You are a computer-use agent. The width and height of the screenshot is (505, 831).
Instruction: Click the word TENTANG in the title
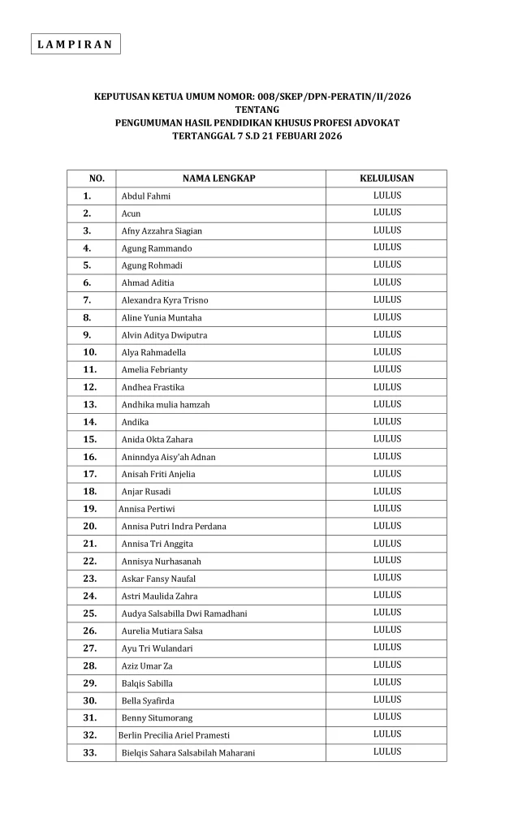(252, 110)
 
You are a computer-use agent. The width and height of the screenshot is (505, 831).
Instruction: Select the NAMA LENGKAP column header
(218, 179)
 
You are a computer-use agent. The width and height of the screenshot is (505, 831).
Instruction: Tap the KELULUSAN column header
(386, 179)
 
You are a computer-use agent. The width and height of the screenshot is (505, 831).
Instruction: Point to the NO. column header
(96, 179)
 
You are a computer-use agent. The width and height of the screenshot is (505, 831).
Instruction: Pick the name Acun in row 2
(131, 213)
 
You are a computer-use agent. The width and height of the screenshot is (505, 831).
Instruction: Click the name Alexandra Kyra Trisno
(165, 300)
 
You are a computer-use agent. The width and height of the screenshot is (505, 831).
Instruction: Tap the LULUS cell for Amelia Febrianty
(387, 369)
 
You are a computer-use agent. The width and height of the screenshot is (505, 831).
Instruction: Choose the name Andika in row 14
(135, 422)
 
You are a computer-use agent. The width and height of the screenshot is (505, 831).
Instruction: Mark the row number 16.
(89, 457)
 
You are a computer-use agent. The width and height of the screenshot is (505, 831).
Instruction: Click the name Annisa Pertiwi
(146, 509)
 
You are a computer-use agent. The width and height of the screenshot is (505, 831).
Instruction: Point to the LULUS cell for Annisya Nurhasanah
(387, 561)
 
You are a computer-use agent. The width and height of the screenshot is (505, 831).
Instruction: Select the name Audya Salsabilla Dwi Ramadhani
(184, 614)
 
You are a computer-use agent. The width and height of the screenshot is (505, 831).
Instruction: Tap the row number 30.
(89, 700)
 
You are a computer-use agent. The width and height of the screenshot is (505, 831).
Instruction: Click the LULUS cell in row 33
(387, 752)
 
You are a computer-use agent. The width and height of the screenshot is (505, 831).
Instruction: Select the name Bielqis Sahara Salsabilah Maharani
(188, 753)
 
